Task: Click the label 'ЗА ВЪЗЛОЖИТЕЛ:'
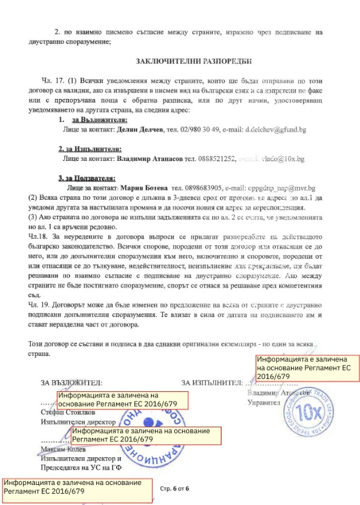[x=71, y=382]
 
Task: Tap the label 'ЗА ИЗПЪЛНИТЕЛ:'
[x=212, y=382]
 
